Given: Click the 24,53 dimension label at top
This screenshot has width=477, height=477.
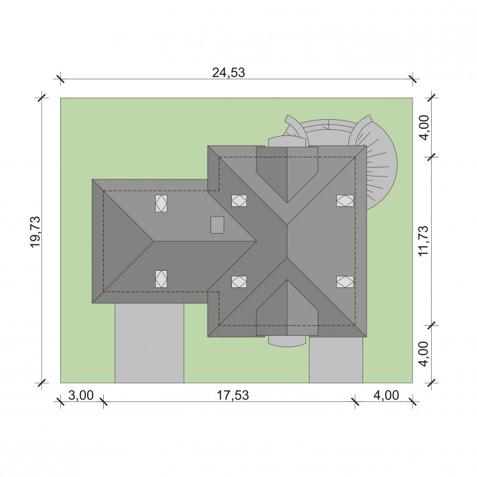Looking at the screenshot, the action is [x=228, y=73].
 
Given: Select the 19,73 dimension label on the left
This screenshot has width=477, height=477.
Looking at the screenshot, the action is [x=35, y=232].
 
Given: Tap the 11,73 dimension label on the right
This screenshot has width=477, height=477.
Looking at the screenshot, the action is [x=423, y=241].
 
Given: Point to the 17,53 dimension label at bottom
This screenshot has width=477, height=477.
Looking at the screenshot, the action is [x=233, y=395].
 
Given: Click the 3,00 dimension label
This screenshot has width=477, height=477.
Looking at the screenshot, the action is [x=81, y=395].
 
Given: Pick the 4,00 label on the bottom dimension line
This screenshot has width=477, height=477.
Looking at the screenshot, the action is [x=386, y=395].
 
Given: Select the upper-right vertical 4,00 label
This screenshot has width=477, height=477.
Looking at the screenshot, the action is [x=423, y=127].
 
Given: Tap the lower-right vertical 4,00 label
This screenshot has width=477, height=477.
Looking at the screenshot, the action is [x=423, y=354].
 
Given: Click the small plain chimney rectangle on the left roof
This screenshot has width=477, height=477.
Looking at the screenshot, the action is [x=218, y=225].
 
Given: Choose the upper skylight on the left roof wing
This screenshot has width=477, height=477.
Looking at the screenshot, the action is [x=161, y=203].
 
